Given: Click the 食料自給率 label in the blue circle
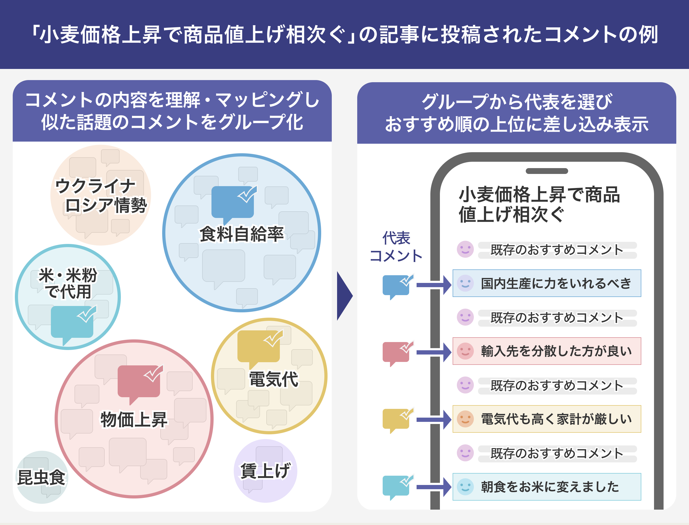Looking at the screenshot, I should pos(241,234).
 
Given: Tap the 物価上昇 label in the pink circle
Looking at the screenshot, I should pos(134,419).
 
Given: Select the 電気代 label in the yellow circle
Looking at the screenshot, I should pos(273,379).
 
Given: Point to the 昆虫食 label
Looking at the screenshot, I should pos(41,478).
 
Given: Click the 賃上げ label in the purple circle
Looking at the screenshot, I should pos(266,471).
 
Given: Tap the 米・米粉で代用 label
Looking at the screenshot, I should pos(68,283).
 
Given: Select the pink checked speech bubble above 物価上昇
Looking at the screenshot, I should pos(139,382).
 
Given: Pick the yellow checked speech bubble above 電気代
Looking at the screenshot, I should pos(259,347).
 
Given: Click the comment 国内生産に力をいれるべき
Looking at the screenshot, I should pos(547,283).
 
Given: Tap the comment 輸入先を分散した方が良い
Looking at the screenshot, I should pos(547,351).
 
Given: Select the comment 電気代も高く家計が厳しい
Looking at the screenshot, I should pos(547,419).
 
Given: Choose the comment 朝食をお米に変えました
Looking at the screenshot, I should pos(547,487).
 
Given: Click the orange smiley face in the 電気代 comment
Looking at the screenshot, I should pos(465,419).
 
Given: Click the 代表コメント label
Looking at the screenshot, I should pos(396,247).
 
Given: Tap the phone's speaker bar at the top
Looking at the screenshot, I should pos(547,171).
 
